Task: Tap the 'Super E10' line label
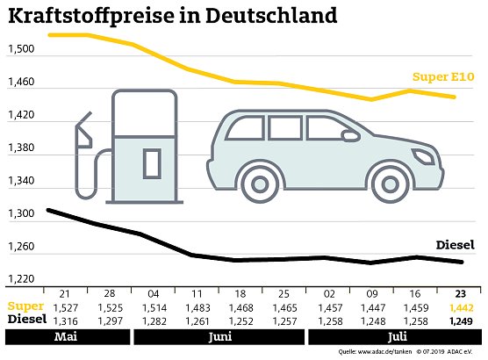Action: (x=444, y=77)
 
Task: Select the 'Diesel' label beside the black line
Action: (x=455, y=245)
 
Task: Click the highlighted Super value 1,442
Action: (x=460, y=308)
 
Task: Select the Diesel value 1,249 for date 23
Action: (x=460, y=320)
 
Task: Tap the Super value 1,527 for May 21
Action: (x=65, y=308)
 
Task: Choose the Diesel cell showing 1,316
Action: (x=65, y=320)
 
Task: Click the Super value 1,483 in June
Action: (x=197, y=308)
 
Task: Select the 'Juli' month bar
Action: (x=392, y=337)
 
